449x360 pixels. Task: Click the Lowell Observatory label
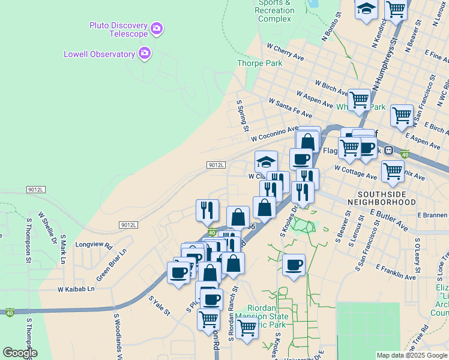click(100, 54)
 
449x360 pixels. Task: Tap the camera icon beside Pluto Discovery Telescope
click(157, 28)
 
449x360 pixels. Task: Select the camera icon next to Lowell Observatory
click(144, 54)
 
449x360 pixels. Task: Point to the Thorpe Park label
click(260, 62)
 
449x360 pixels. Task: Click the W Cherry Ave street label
click(285, 50)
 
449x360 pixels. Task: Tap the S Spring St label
click(243, 116)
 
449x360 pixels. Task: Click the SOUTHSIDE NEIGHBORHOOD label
click(386, 199)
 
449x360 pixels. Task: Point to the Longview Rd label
click(94, 245)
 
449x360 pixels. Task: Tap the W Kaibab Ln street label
click(76, 289)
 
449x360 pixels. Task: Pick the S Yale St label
click(160, 305)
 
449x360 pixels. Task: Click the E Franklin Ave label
click(396, 271)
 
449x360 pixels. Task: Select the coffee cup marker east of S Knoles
click(294, 265)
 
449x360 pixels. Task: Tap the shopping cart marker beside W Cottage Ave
click(393, 170)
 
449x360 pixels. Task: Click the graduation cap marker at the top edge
click(366, 9)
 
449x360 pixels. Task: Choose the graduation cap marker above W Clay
click(266, 161)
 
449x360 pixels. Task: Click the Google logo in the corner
click(20, 353)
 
